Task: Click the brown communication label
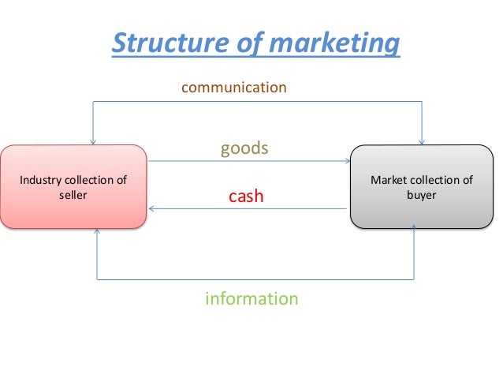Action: click(234, 87)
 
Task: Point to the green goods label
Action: click(244, 148)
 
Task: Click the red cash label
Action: click(246, 196)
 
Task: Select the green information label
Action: click(251, 299)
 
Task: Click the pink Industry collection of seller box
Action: click(73, 187)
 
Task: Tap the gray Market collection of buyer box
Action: click(421, 187)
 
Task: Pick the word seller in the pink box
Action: click(73, 195)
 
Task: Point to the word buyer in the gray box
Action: click(421, 195)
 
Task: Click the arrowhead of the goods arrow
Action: click(346, 162)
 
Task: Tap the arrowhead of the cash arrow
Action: click(151, 208)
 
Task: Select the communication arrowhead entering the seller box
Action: click(93, 141)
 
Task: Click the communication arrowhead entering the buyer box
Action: click(423, 141)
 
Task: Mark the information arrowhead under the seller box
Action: click(97, 232)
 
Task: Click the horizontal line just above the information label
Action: click(252, 279)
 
